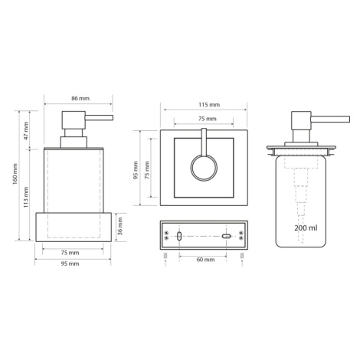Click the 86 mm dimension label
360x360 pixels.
tap(80, 98)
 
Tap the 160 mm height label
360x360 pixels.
tap(15, 174)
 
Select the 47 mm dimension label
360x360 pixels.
tap(26, 131)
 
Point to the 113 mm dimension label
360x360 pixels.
tap(26, 197)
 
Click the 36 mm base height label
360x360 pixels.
tap(120, 226)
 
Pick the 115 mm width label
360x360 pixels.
tap(209, 105)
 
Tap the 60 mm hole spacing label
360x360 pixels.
tap(205, 260)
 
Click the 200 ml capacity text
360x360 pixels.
tap(306, 227)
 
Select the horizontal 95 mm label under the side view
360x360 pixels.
tap(70, 263)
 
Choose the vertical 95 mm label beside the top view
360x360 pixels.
tap(136, 170)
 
